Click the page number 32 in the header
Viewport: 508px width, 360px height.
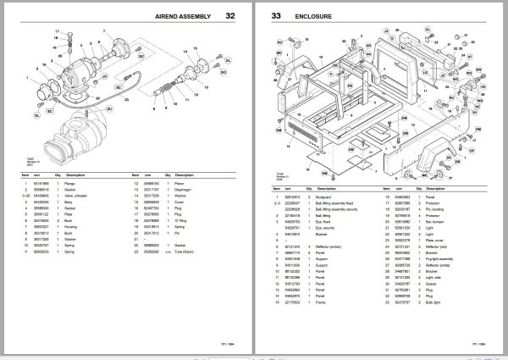point(229,15)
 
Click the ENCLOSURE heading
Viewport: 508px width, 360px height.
point(313,15)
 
